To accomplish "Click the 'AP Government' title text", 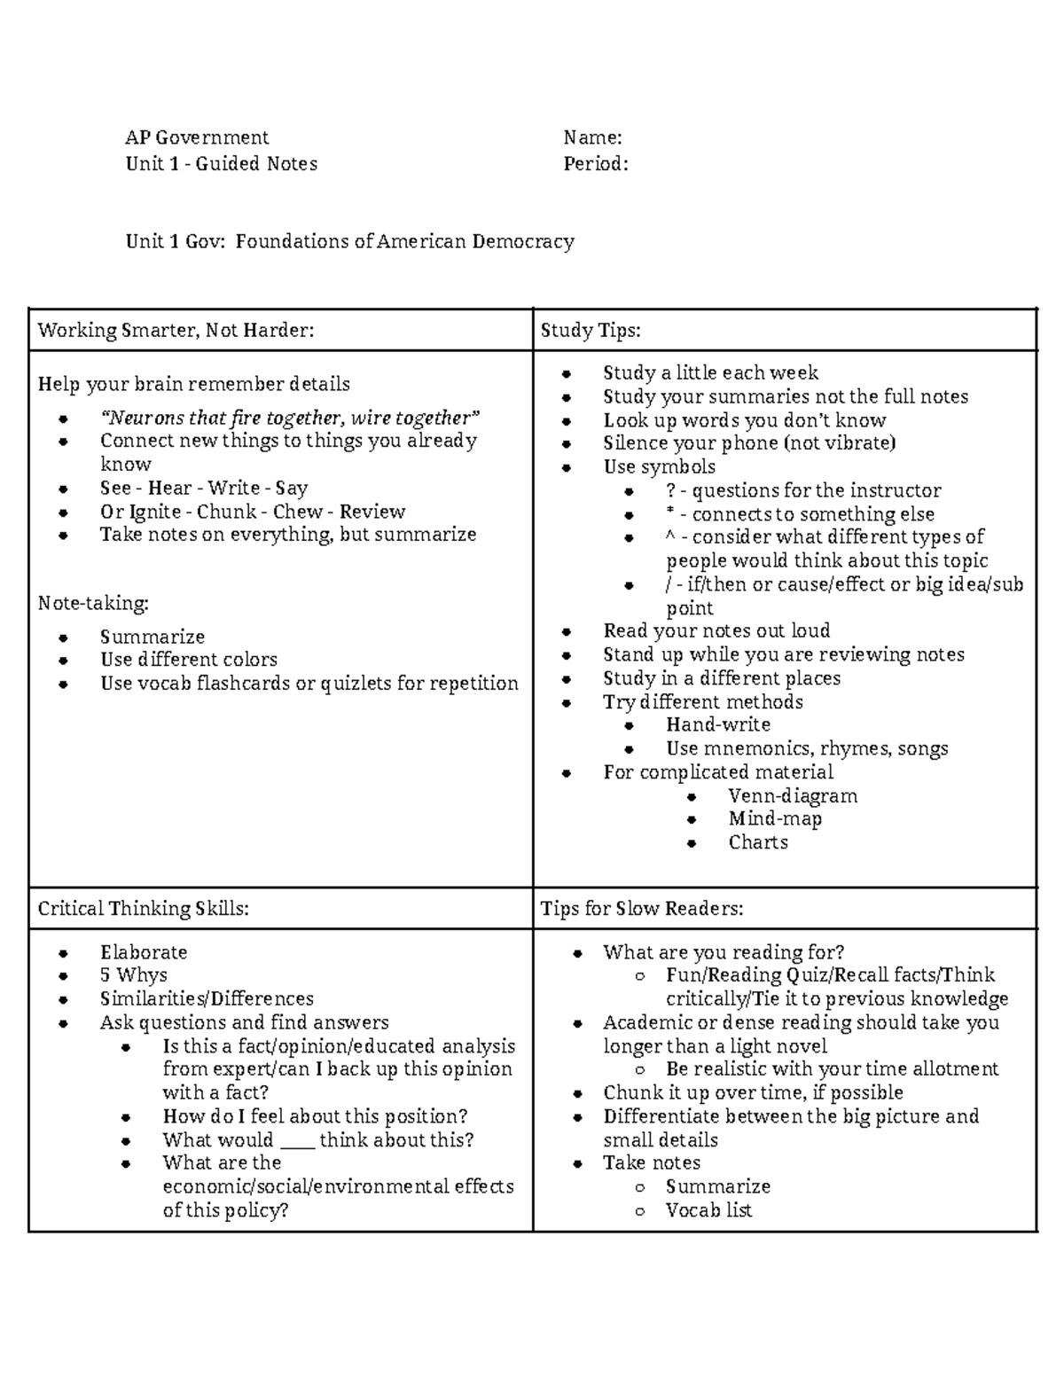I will (197, 137).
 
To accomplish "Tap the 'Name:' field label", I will (592, 137).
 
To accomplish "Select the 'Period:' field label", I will (596, 163).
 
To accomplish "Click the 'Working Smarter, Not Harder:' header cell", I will (176, 331).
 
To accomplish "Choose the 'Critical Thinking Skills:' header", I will (143, 909).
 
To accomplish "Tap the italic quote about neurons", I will (290, 418).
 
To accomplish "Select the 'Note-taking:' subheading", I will (93, 604).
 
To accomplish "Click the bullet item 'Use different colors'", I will (189, 660).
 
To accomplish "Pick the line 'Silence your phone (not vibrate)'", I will (749, 443).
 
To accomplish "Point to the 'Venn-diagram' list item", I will (793, 796).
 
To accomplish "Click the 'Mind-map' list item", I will (775, 819).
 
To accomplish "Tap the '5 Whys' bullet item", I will (133, 975).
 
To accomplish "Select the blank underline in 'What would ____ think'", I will (296, 1143).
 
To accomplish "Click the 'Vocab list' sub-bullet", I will (708, 1210).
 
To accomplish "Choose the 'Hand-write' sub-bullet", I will (718, 725).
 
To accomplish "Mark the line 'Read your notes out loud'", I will (716, 630).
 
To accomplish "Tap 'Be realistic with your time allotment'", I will (832, 1069).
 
